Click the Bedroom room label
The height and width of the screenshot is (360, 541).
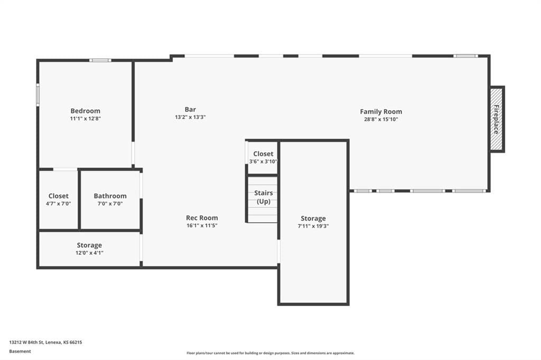pos(85,111)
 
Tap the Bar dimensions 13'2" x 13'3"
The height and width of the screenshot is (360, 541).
pos(190,117)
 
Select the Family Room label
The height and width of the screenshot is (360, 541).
pos(381,112)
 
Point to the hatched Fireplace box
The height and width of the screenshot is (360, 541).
pos(497,119)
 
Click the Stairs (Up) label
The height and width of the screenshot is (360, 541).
pos(264,197)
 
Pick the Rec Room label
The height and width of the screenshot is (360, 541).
pos(202,217)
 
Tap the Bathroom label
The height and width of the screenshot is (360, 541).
pos(110,196)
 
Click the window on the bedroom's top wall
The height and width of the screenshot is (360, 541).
pos(100,60)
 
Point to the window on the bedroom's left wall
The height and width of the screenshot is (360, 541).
pos(38,94)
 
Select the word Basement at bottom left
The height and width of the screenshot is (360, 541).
pos(20,352)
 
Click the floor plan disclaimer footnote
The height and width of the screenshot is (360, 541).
pos(270,353)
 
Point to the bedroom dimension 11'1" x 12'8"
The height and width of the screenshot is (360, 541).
pos(85,119)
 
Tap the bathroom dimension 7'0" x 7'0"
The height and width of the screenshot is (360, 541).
pos(110,204)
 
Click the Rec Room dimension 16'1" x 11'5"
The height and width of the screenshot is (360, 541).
pos(202,225)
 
